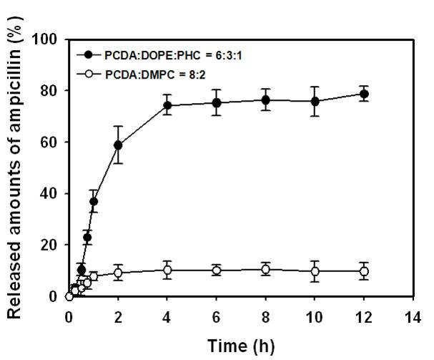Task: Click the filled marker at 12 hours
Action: pos(364,94)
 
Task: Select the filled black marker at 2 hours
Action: pos(118,145)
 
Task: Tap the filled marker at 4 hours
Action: pos(167,105)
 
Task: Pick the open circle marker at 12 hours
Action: pos(364,271)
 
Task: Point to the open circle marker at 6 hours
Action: pos(217,271)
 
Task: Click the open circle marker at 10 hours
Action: pos(315,271)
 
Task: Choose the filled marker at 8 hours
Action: pos(265,100)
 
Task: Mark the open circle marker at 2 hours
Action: pos(118,273)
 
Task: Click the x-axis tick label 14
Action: pos(413,317)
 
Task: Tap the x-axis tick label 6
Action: pos(216,317)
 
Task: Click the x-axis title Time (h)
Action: pos(241,346)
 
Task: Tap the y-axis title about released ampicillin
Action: pos(14,167)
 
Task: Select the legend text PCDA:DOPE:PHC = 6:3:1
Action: pos(173,56)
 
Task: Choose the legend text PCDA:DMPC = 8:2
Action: pos(155,74)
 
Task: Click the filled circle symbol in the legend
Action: pos(89,55)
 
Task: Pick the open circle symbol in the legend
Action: pos(89,74)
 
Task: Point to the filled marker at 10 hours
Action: pos(315,102)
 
